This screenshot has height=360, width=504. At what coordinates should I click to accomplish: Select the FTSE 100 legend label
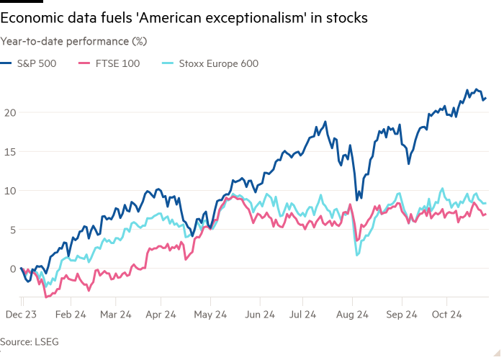117,63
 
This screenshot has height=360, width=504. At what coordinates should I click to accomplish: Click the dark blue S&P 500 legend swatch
9,63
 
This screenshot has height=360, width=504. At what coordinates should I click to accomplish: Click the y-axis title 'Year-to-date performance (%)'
73,41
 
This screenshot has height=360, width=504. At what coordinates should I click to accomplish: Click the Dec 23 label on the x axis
22,315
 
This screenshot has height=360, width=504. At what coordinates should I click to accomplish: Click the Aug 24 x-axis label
353,315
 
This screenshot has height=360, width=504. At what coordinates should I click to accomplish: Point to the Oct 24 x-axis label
446,315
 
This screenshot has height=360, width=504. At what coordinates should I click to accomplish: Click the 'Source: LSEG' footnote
25,341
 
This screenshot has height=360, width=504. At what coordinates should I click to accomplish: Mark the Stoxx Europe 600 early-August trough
356,254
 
